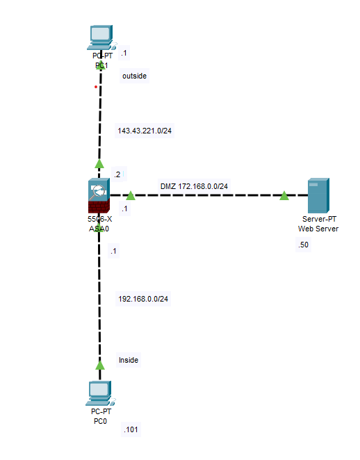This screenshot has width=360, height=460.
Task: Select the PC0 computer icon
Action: point(99,393)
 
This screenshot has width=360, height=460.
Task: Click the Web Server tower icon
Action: point(318,195)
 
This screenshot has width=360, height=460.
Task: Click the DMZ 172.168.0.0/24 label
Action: point(194,186)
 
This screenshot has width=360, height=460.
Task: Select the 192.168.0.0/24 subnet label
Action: point(143,299)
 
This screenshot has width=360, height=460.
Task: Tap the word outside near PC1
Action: point(134,76)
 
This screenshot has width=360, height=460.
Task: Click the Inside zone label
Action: point(129,360)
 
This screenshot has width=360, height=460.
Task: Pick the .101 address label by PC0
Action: point(131,430)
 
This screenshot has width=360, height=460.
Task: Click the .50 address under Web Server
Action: point(303,245)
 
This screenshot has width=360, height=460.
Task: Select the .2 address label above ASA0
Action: point(117,174)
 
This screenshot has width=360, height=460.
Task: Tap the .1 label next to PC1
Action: point(124,53)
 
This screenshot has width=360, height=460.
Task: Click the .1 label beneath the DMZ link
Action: point(124,208)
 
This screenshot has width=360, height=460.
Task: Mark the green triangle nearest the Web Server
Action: point(284,196)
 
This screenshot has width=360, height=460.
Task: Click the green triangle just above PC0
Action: point(99,364)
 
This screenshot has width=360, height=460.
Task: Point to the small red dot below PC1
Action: point(96,87)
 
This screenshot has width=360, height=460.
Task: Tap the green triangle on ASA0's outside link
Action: point(99,164)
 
